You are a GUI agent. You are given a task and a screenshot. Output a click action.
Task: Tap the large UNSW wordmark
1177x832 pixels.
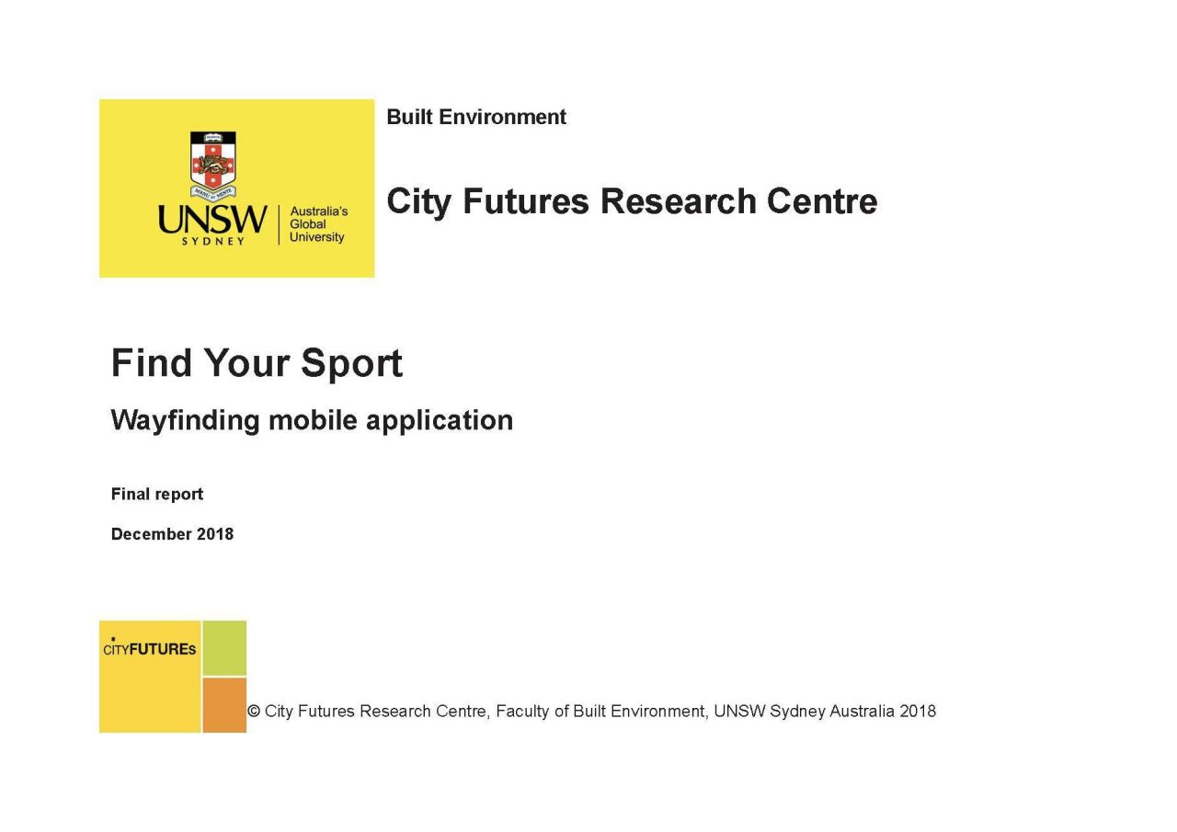tap(212, 220)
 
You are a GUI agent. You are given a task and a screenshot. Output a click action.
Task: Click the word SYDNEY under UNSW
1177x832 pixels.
tap(212, 242)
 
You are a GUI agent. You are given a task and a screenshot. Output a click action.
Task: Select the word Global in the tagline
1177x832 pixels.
tap(308, 224)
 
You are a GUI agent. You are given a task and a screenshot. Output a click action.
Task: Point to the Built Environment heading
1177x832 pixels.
tap(476, 117)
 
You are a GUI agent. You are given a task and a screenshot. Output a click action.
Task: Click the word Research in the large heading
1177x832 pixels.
tap(678, 201)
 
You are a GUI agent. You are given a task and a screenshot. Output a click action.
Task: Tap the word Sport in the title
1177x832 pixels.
tap(351, 363)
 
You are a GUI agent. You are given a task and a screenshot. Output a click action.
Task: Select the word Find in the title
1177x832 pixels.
tap(152, 362)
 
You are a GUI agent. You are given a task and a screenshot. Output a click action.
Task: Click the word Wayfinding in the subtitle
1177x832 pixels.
tap(186, 421)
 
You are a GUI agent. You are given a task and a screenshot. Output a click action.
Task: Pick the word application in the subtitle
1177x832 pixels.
tap(440, 421)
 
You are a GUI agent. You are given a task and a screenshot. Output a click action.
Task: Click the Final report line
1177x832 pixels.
tap(157, 495)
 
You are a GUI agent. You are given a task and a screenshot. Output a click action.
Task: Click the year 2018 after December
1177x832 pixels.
tap(215, 534)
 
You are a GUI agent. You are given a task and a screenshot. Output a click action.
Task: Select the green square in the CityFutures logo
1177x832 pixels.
tap(224, 648)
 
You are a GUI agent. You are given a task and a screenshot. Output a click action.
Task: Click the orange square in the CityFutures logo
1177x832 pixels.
tap(224, 705)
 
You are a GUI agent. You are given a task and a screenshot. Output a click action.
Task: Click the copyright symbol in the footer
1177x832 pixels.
tap(254, 712)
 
